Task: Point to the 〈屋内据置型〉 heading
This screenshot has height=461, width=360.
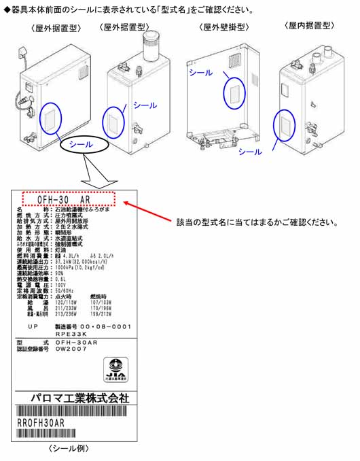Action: (310, 25)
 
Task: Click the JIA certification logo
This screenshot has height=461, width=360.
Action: (116, 370)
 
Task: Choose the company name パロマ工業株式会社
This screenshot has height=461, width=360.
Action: (79, 398)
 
